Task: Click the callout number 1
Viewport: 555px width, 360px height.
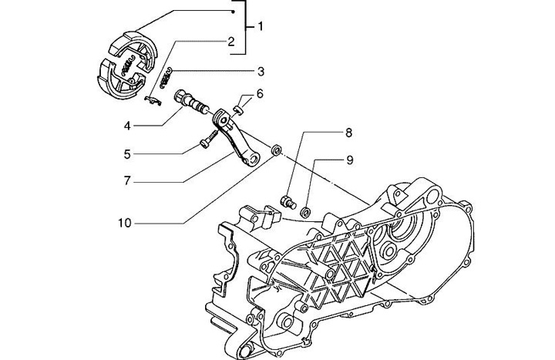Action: (261, 26)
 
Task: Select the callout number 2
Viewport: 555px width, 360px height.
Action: (230, 42)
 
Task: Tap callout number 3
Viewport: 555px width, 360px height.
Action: (261, 72)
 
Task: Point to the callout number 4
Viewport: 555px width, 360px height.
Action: (127, 126)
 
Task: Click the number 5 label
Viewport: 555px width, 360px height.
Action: (127, 154)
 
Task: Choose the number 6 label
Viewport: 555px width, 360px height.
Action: (260, 94)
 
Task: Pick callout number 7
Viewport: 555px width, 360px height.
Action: (127, 181)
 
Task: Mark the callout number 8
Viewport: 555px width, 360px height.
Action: (348, 133)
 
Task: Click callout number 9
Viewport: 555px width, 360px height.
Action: (350, 160)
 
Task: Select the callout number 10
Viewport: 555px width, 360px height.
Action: (125, 223)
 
